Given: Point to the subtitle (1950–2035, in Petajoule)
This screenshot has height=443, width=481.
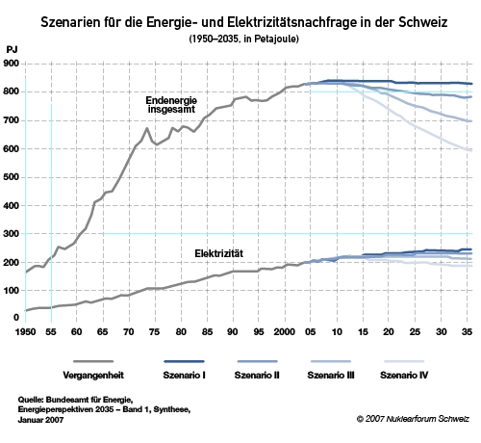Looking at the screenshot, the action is tap(243, 39).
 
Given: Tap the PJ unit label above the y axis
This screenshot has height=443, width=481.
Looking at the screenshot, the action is tap(12, 50).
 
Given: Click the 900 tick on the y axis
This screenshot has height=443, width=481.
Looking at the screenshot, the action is tap(11, 64).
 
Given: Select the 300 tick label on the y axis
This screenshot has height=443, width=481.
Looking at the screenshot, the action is tap(11, 234).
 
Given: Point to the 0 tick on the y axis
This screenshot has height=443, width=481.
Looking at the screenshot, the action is tap(16, 318).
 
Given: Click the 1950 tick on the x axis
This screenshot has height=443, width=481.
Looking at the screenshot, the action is tap(25, 331).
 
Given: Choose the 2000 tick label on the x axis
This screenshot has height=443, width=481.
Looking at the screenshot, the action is tap(285, 331).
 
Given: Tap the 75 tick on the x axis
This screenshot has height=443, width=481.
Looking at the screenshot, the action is tap(154, 331).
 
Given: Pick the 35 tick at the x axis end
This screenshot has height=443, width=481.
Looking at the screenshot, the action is tap(467, 331).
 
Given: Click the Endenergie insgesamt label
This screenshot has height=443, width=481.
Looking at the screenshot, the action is tap(171, 105).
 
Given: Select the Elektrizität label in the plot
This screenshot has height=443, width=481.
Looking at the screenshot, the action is tap(219, 253).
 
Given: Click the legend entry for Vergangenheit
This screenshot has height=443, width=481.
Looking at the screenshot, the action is tap(93, 375).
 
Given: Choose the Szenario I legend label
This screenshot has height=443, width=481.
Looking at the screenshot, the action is tap(184, 375).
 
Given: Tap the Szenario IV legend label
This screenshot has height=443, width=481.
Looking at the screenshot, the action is tap(404, 375).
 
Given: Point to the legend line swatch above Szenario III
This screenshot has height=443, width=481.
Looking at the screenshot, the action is tap(331, 361).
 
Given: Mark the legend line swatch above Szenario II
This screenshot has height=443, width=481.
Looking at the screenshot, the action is tap(257, 361).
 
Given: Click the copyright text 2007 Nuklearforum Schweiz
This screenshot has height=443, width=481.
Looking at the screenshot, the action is tap(413, 419).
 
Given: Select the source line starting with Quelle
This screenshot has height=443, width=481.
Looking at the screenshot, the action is tap(75, 400).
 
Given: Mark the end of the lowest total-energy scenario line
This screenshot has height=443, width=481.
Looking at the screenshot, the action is tap(471, 150).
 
